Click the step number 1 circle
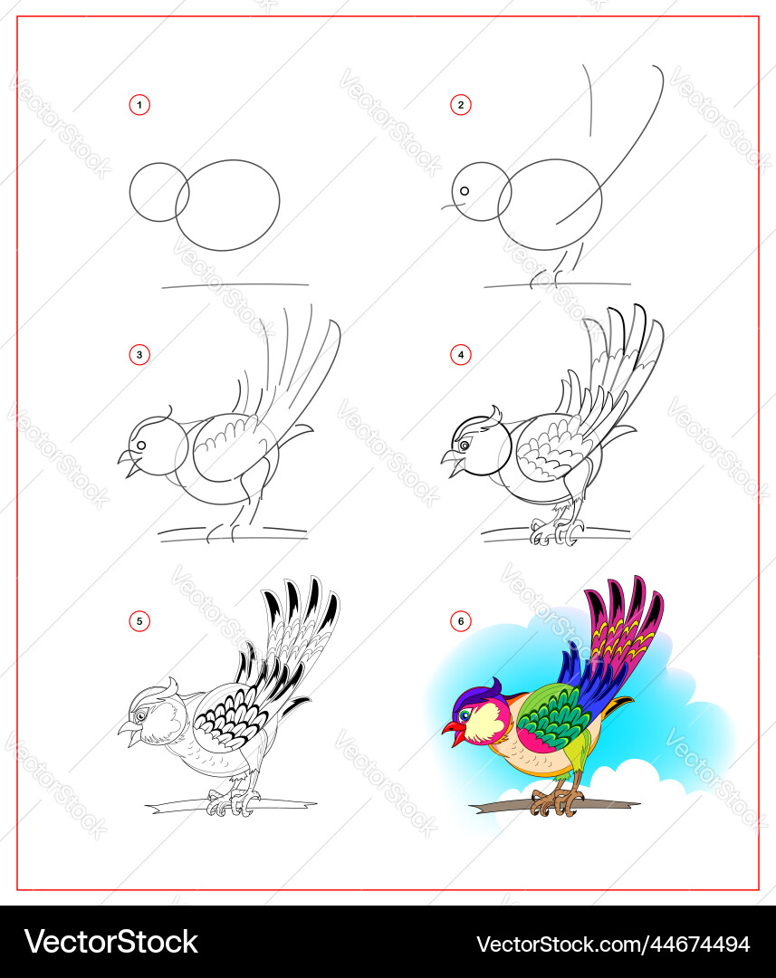(x=139, y=105)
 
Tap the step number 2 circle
(x=460, y=105)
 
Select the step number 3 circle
(x=139, y=355)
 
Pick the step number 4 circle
(x=460, y=355)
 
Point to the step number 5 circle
(x=139, y=621)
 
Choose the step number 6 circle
(x=460, y=621)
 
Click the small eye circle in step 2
(x=465, y=191)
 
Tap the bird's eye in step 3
(x=141, y=446)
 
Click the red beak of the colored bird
(x=455, y=731)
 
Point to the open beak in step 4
(x=453, y=463)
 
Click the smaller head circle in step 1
(x=159, y=192)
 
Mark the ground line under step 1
(x=235, y=285)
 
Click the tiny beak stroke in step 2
(x=449, y=206)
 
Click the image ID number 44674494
(x=699, y=944)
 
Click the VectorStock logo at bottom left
(x=111, y=943)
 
